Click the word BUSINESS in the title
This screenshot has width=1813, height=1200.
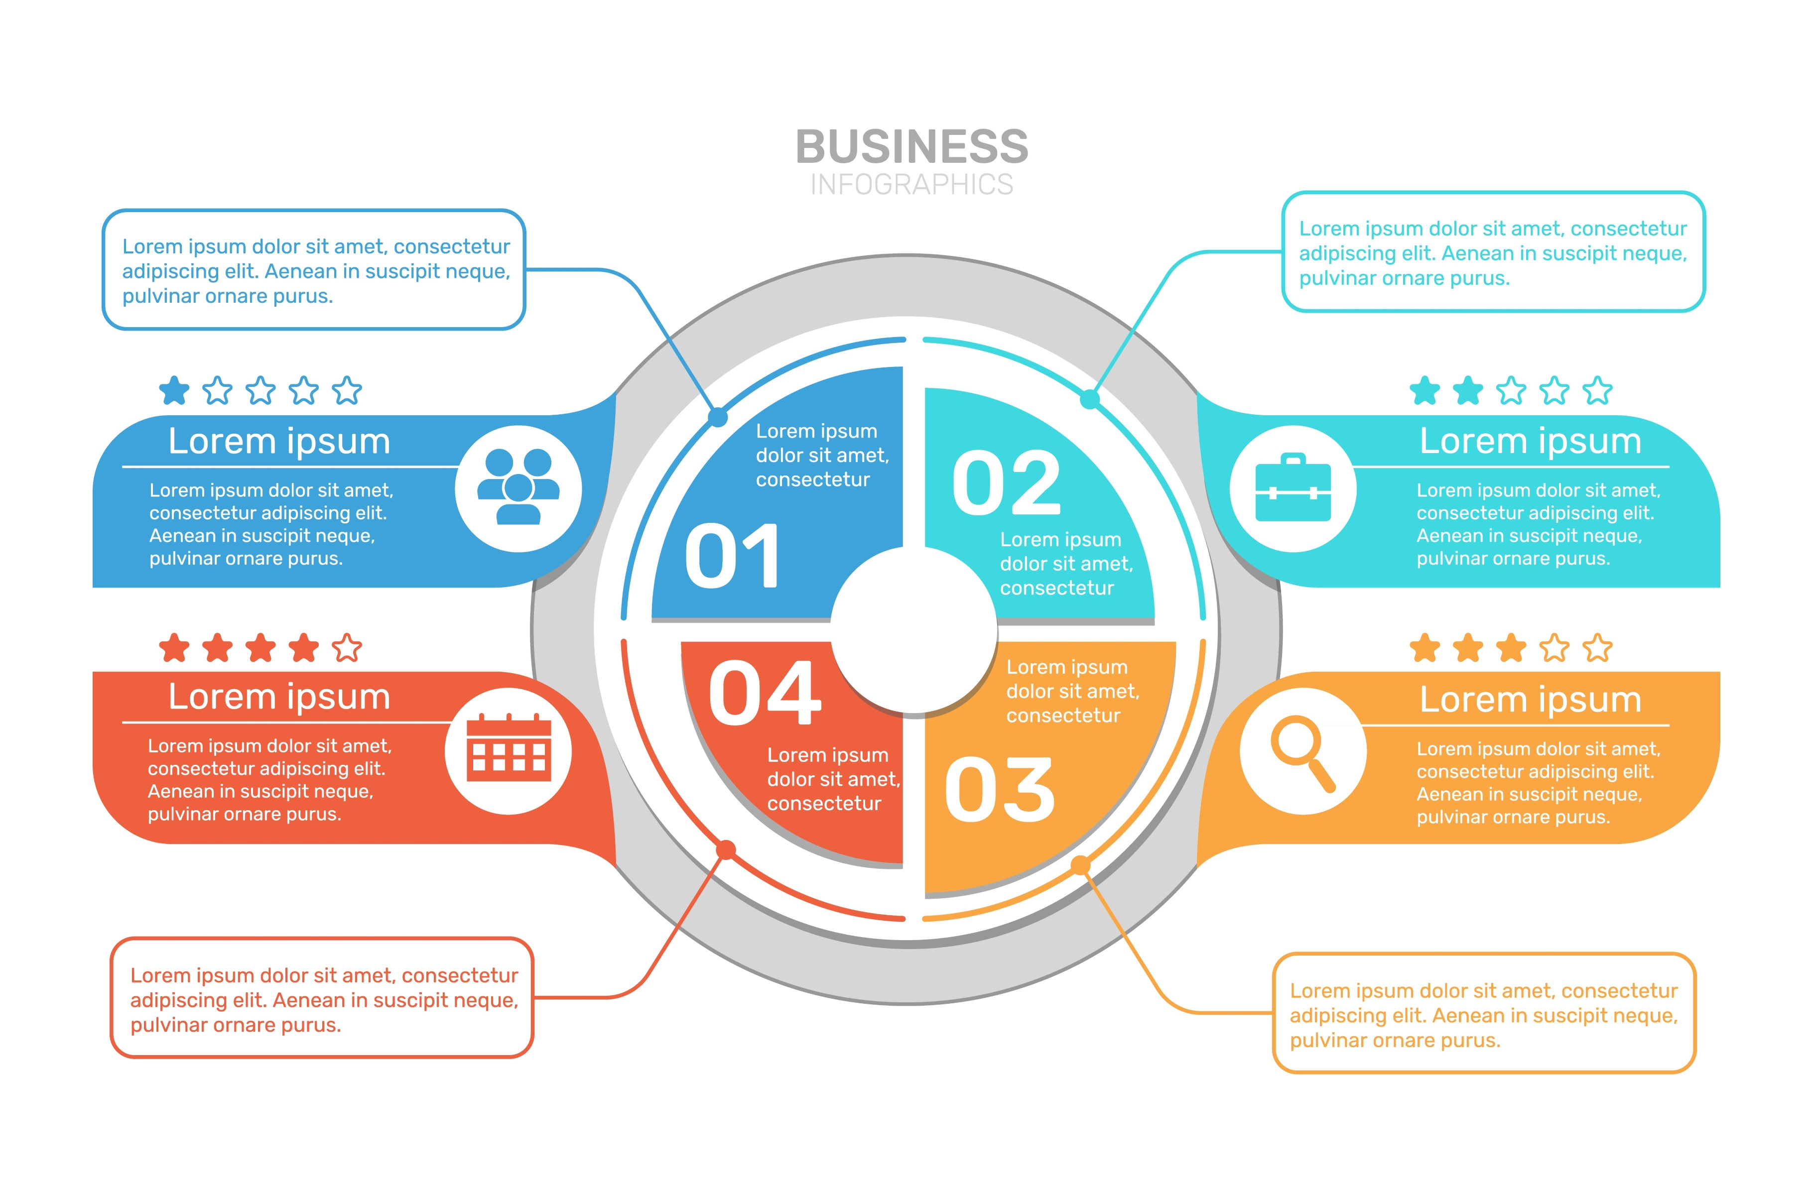[x=911, y=146]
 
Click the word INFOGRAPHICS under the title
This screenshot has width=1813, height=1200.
[x=911, y=184]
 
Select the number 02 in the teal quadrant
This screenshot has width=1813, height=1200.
[x=1007, y=483]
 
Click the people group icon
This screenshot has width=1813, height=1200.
[x=518, y=488]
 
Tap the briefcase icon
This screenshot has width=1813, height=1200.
[x=1293, y=488]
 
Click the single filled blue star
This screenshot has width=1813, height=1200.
[x=174, y=390]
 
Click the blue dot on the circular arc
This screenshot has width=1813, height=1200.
[x=718, y=417]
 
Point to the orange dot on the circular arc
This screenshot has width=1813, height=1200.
[x=1080, y=865]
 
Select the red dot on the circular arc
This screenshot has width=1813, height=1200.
[x=726, y=849]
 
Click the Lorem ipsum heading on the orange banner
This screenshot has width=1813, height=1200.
[x=1531, y=700]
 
